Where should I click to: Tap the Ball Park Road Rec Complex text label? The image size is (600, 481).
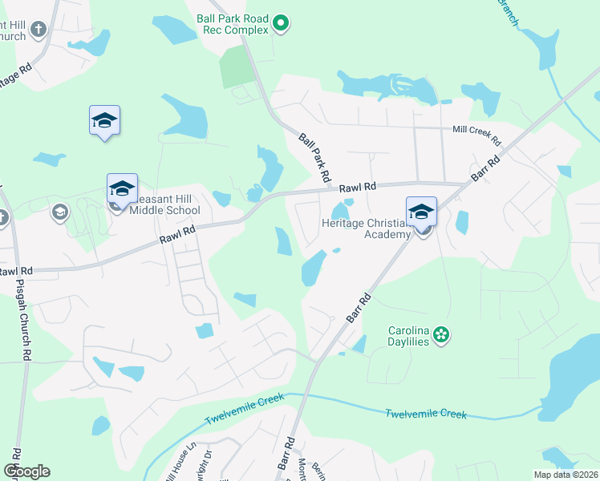pyautogui.click(x=233, y=23)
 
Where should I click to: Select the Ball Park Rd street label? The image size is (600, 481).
pyautogui.click(x=315, y=155)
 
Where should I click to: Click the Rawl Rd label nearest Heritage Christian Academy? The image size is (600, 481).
pyautogui.click(x=357, y=188)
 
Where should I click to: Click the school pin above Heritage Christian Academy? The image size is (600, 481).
pyautogui.click(x=421, y=212)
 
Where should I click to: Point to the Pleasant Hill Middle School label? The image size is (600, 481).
pyautogui.click(x=164, y=205)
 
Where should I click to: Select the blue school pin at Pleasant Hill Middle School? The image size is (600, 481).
pyautogui.click(x=122, y=189)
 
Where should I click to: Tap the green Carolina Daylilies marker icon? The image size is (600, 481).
pyautogui.click(x=440, y=334)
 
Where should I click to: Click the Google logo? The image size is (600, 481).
pyautogui.click(x=26, y=471)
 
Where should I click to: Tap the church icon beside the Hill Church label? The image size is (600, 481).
pyautogui.click(x=38, y=31)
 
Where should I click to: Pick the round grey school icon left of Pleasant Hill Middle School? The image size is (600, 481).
pyautogui.click(x=59, y=212)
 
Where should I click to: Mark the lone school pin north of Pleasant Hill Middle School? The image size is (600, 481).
pyautogui.click(x=104, y=122)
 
